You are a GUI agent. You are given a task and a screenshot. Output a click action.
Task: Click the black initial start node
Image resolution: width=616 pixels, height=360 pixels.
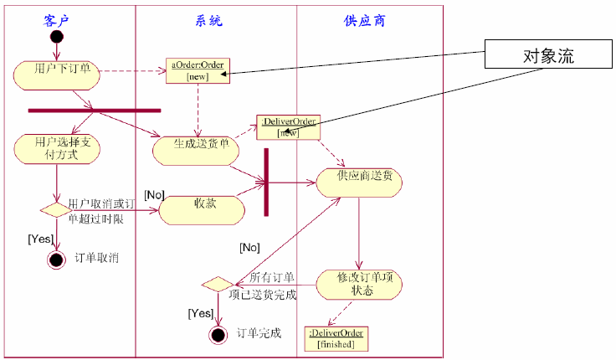point(56,38)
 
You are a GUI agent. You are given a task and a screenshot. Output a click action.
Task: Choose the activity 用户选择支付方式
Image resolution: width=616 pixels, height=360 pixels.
point(56,149)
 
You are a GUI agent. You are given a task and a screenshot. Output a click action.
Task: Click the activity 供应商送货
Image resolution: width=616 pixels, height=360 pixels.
point(358,181)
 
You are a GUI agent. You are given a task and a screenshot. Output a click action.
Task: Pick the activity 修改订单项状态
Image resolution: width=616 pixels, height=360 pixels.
point(358,283)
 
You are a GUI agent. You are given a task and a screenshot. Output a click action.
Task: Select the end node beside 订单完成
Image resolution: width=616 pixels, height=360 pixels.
point(218,335)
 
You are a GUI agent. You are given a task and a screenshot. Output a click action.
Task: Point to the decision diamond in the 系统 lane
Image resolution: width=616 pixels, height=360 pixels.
point(218,285)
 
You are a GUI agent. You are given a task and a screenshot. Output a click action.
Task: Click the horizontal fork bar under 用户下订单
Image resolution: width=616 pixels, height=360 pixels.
point(94,110)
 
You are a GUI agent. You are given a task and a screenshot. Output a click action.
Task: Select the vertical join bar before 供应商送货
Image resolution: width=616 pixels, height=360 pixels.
point(266,182)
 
